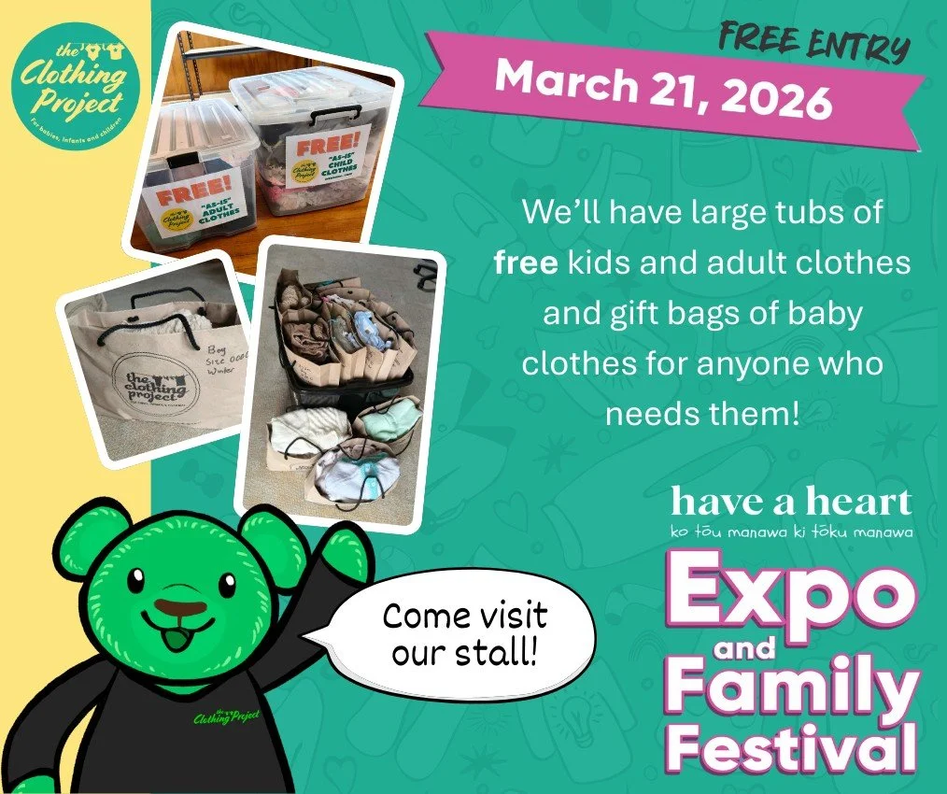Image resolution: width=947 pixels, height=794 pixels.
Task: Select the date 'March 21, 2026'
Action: click(x=663, y=90)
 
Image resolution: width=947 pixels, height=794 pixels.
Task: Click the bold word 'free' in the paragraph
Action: click(x=526, y=263)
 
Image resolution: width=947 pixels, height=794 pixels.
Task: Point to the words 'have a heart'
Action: click(x=790, y=503)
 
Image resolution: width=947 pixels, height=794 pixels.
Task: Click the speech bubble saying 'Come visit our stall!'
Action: click(x=464, y=634)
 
